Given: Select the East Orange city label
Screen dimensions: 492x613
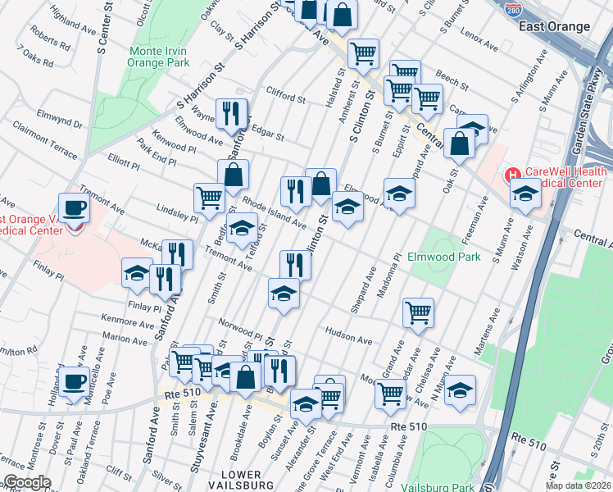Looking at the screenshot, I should pyautogui.click(x=554, y=26).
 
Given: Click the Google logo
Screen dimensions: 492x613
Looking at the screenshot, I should pyautogui.click(x=27, y=483).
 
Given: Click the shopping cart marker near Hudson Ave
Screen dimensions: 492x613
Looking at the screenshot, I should pyautogui.click(x=419, y=312).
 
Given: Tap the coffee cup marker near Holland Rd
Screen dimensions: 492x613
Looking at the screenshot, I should pyautogui.click(x=74, y=380).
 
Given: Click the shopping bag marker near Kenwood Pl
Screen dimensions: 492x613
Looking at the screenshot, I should pyautogui.click(x=234, y=174).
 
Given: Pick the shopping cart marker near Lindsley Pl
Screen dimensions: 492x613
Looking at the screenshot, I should pyautogui.click(x=210, y=198).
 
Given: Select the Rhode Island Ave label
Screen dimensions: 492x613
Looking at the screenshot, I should pyautogui.click(x=274, y=214).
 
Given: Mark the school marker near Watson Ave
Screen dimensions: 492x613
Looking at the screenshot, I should pyautogui.click(x=525, y=194).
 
